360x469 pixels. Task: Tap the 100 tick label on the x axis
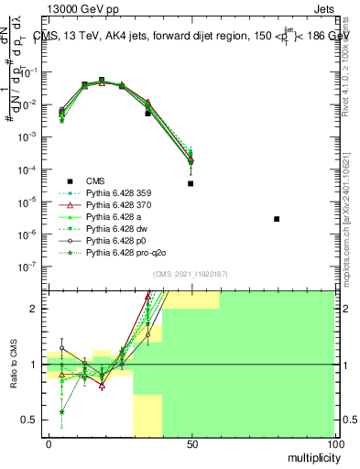point(335,443)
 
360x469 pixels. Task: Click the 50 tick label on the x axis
point(191,443)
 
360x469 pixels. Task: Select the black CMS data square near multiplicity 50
point(191,183)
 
